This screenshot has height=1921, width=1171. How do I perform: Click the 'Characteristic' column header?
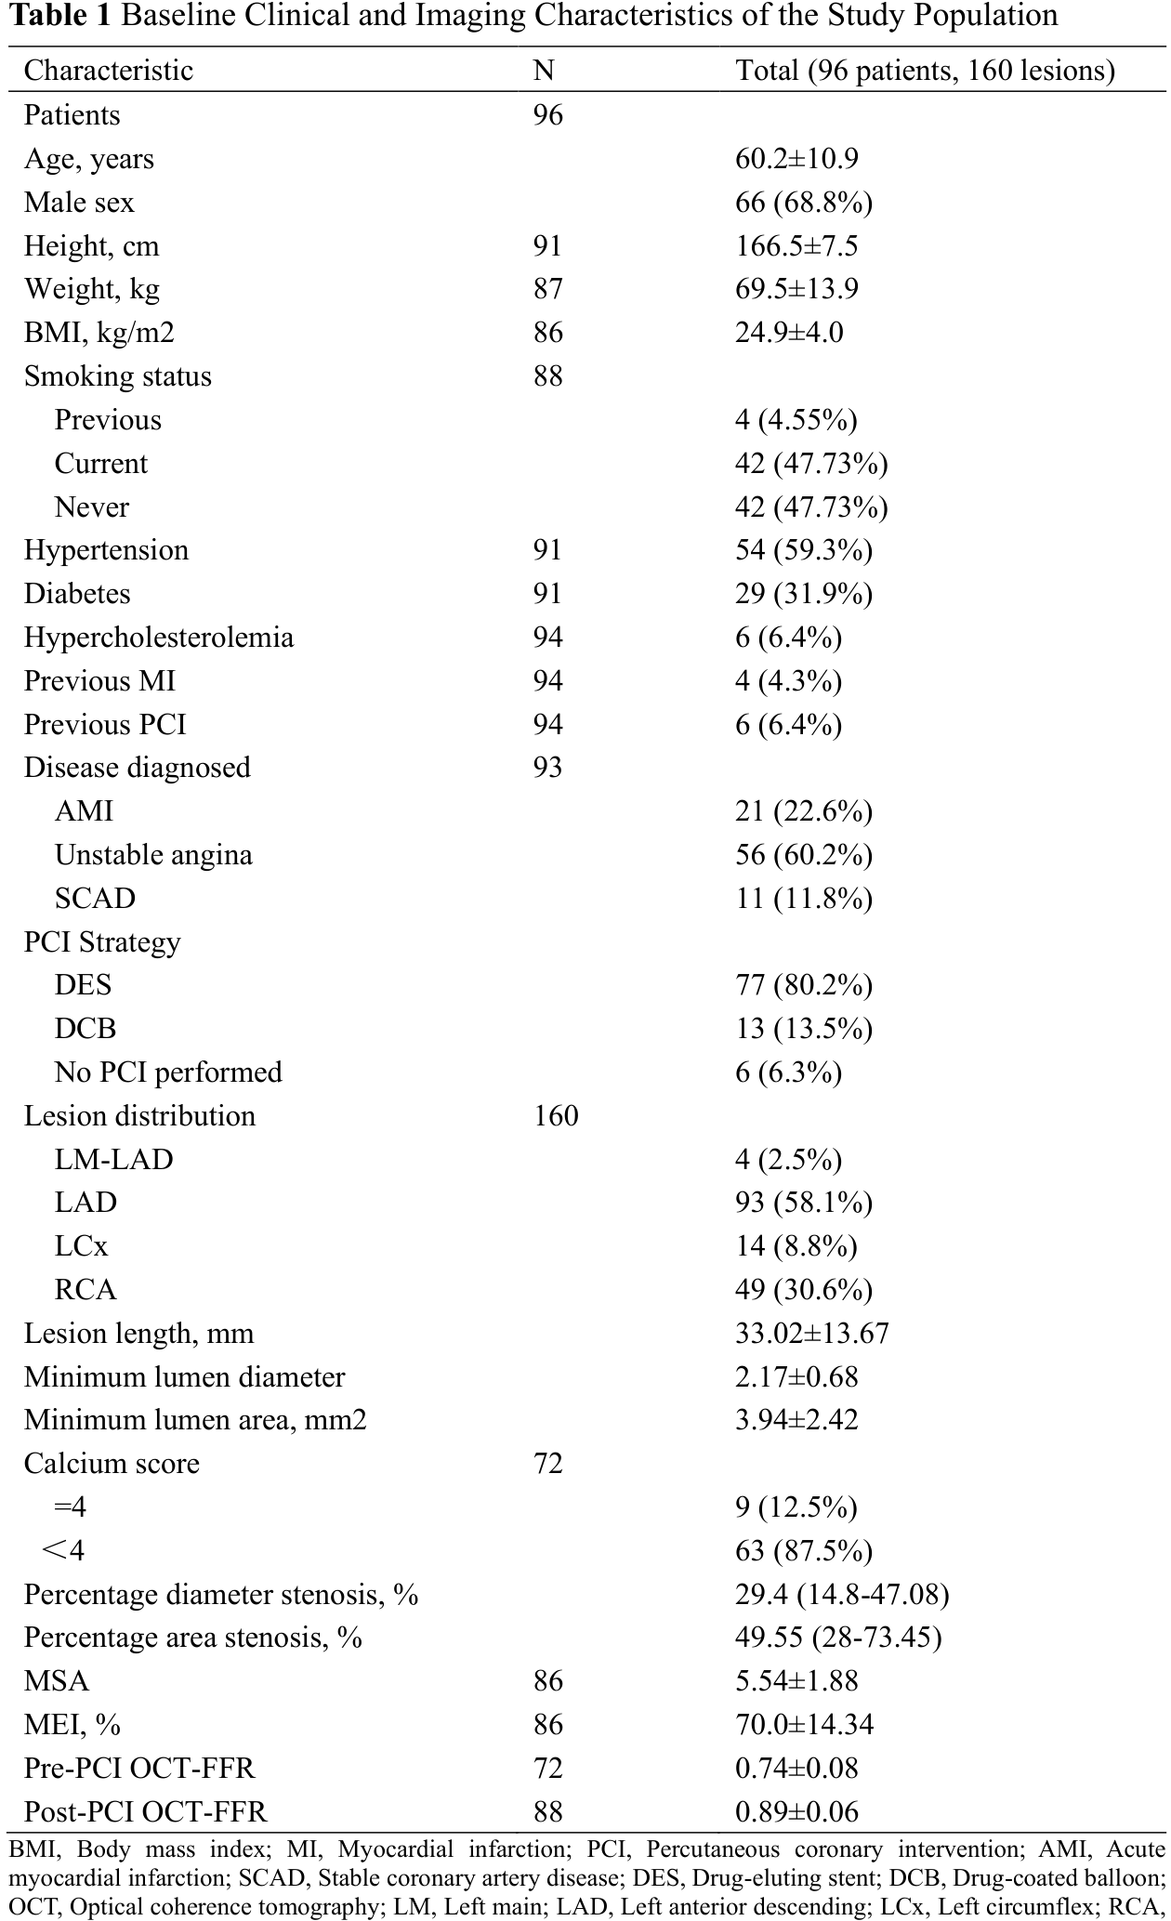pos(108,71)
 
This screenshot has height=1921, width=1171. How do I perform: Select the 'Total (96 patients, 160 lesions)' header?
pos(925,71)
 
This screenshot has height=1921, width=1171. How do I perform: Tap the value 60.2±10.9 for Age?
pos(796,159)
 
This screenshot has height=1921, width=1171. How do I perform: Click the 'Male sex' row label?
pos(79,203)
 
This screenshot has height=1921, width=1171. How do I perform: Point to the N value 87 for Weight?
pos(548,289)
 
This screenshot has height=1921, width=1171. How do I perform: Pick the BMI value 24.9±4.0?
pos(789,333)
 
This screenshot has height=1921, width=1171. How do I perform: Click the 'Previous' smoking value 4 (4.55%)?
pos(796,420)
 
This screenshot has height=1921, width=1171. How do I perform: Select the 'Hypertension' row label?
pos(106,550)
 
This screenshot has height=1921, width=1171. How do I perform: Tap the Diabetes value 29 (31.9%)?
pos(804,594)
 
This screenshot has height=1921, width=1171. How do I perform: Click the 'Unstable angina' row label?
pos(153,855)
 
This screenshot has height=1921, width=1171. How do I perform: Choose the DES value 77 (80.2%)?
pos(804,985)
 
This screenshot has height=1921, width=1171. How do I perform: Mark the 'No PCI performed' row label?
pos(168,1072)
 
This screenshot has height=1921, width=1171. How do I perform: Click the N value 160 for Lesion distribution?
pos(556,1115)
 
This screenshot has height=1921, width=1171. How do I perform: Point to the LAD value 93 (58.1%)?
pos(804,1203)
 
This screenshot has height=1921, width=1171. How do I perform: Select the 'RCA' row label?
pos(86,1290)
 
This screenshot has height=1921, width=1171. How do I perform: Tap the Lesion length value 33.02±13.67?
pos(812,1334)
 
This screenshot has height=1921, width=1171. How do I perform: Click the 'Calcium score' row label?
pos(112,1464)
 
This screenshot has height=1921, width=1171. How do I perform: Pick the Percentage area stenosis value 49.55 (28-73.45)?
pos(838,1638)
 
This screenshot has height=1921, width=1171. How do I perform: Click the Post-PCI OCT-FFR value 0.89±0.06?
pos(796,1811)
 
